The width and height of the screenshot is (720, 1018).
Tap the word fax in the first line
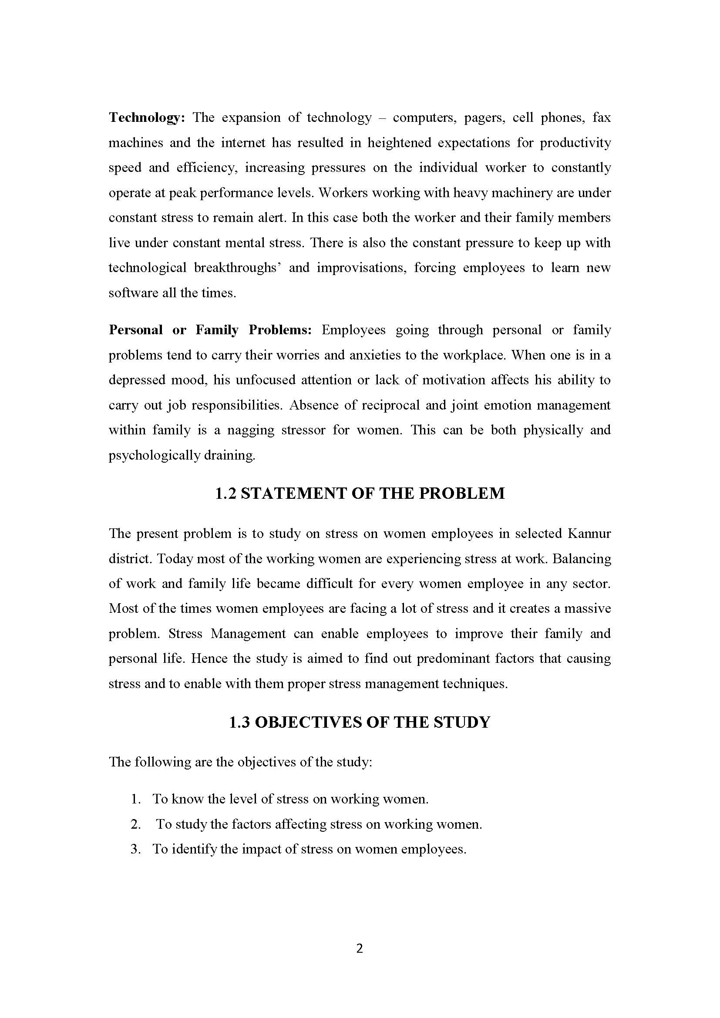[x=602, y=118]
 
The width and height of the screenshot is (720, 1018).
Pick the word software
[x=134, y=293]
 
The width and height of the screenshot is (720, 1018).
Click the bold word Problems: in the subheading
[x=280, y=330]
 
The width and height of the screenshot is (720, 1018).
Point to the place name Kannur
[x=589, y=534]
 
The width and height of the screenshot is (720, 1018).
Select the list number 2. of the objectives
[x=136, y=824]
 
